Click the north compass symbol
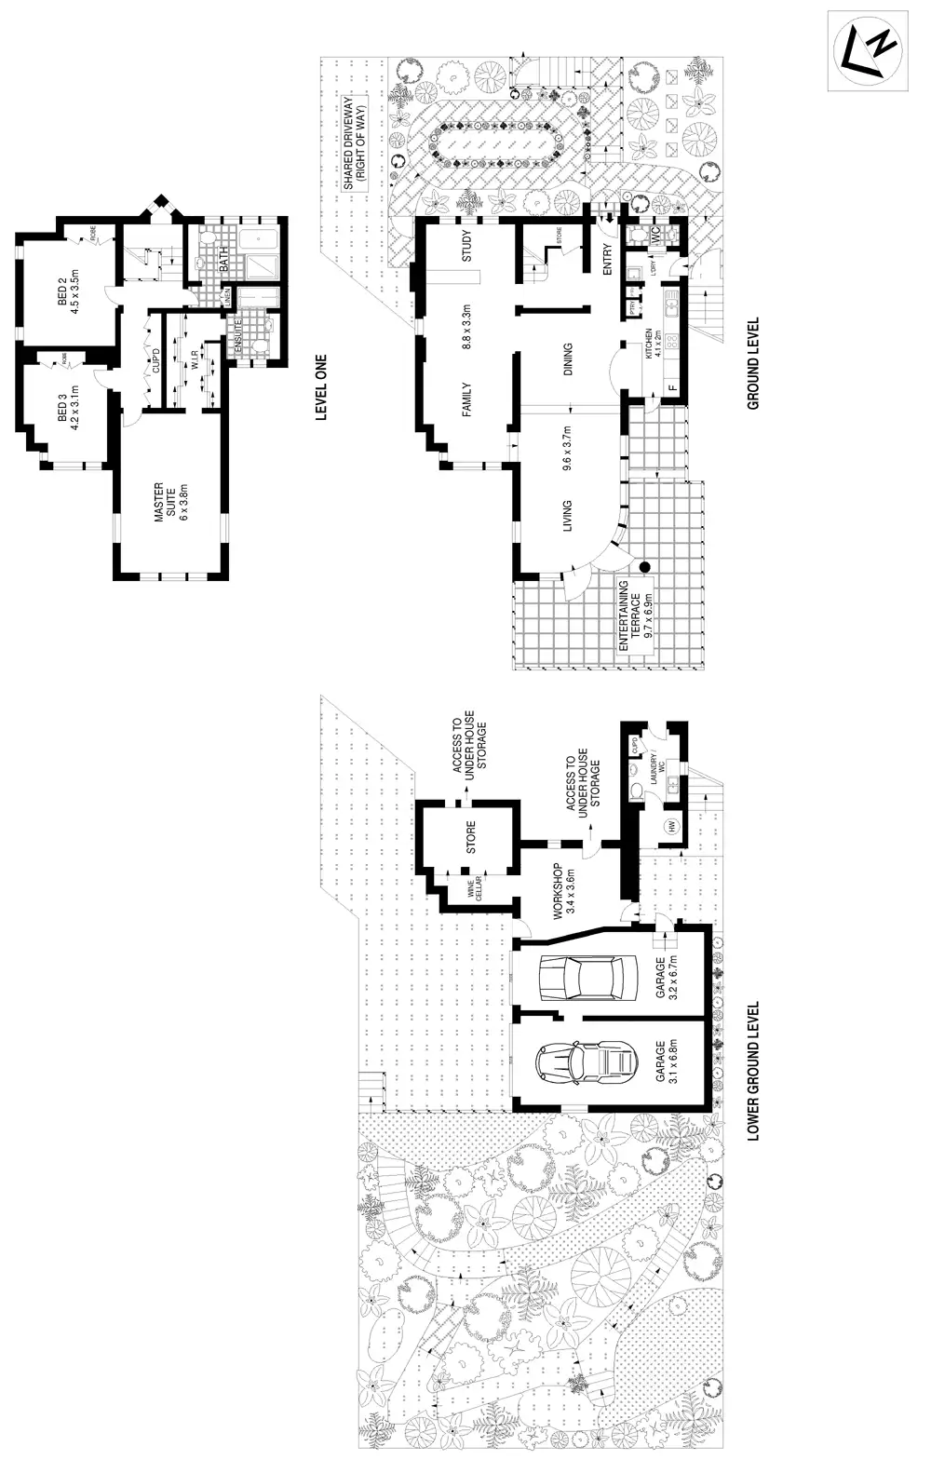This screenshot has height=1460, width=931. (868, 49)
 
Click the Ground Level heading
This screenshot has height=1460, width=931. (754, 364)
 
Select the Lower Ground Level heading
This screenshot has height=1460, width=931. (754, 1071)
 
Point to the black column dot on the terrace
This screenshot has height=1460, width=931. (643, 566)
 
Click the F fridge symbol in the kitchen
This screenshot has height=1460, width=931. (670, 387)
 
